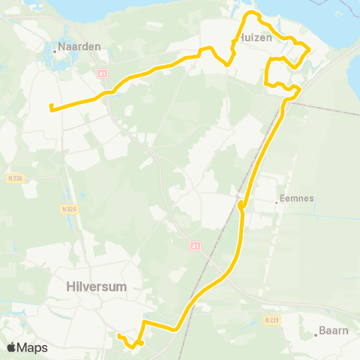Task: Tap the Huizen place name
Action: pos(254,37)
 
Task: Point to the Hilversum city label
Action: pos(97,286)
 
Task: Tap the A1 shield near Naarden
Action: pos(103,73)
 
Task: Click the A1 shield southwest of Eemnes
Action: pos(195,245)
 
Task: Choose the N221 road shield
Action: pos(271,319)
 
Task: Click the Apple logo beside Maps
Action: pos(11,347)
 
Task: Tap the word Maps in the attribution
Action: pos(33,347)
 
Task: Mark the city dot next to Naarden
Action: pos(56,52)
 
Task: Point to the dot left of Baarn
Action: pos(316,334)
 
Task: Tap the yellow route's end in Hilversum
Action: pos(119,335)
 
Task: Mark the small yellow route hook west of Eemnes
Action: pos(240,205)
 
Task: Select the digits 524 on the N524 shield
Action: pos(73,208)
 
